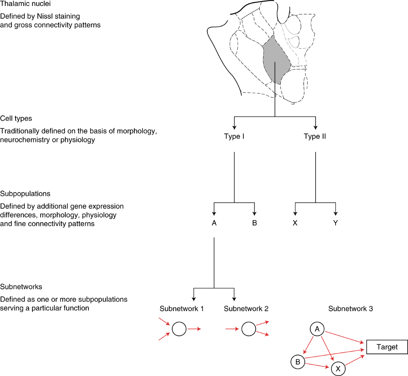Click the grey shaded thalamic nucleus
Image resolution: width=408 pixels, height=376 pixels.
click(x=276, y=61)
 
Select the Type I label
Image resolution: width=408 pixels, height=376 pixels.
click(x=234, y=137)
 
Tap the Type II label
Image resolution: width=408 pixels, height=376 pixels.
click(x=315, y=137)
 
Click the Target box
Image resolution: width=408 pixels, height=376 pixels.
click(x=387, y=347)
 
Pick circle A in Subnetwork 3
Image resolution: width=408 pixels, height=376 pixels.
click(x=317, y=329)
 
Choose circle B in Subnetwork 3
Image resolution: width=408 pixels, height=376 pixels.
click(x=298, y=362)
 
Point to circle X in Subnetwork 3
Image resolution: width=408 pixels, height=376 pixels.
click(x=338, y=369)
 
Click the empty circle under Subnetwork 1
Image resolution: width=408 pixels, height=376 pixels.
click(x=179, y=329)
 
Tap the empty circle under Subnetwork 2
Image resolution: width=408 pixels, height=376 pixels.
click(x=249, y=329)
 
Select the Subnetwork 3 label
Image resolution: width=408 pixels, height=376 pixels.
click(x=351, y=309)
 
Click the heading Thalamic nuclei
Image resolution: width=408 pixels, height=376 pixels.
click(x=26, y=4)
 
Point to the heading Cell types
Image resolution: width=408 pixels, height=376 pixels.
click(x=16, y=119)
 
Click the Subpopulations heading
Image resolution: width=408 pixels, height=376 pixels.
click(x=25, y=194)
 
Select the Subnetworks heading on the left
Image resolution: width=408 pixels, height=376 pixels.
click(x=21, y=287)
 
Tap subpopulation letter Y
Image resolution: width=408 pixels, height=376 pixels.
click(x=336, y=223)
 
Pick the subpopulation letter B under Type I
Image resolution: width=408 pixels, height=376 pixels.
click(x=254, y=223)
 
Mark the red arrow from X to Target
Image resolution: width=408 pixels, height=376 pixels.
click(x=355, y=360)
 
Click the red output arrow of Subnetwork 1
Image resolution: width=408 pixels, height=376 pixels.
click(x=194, y=329)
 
